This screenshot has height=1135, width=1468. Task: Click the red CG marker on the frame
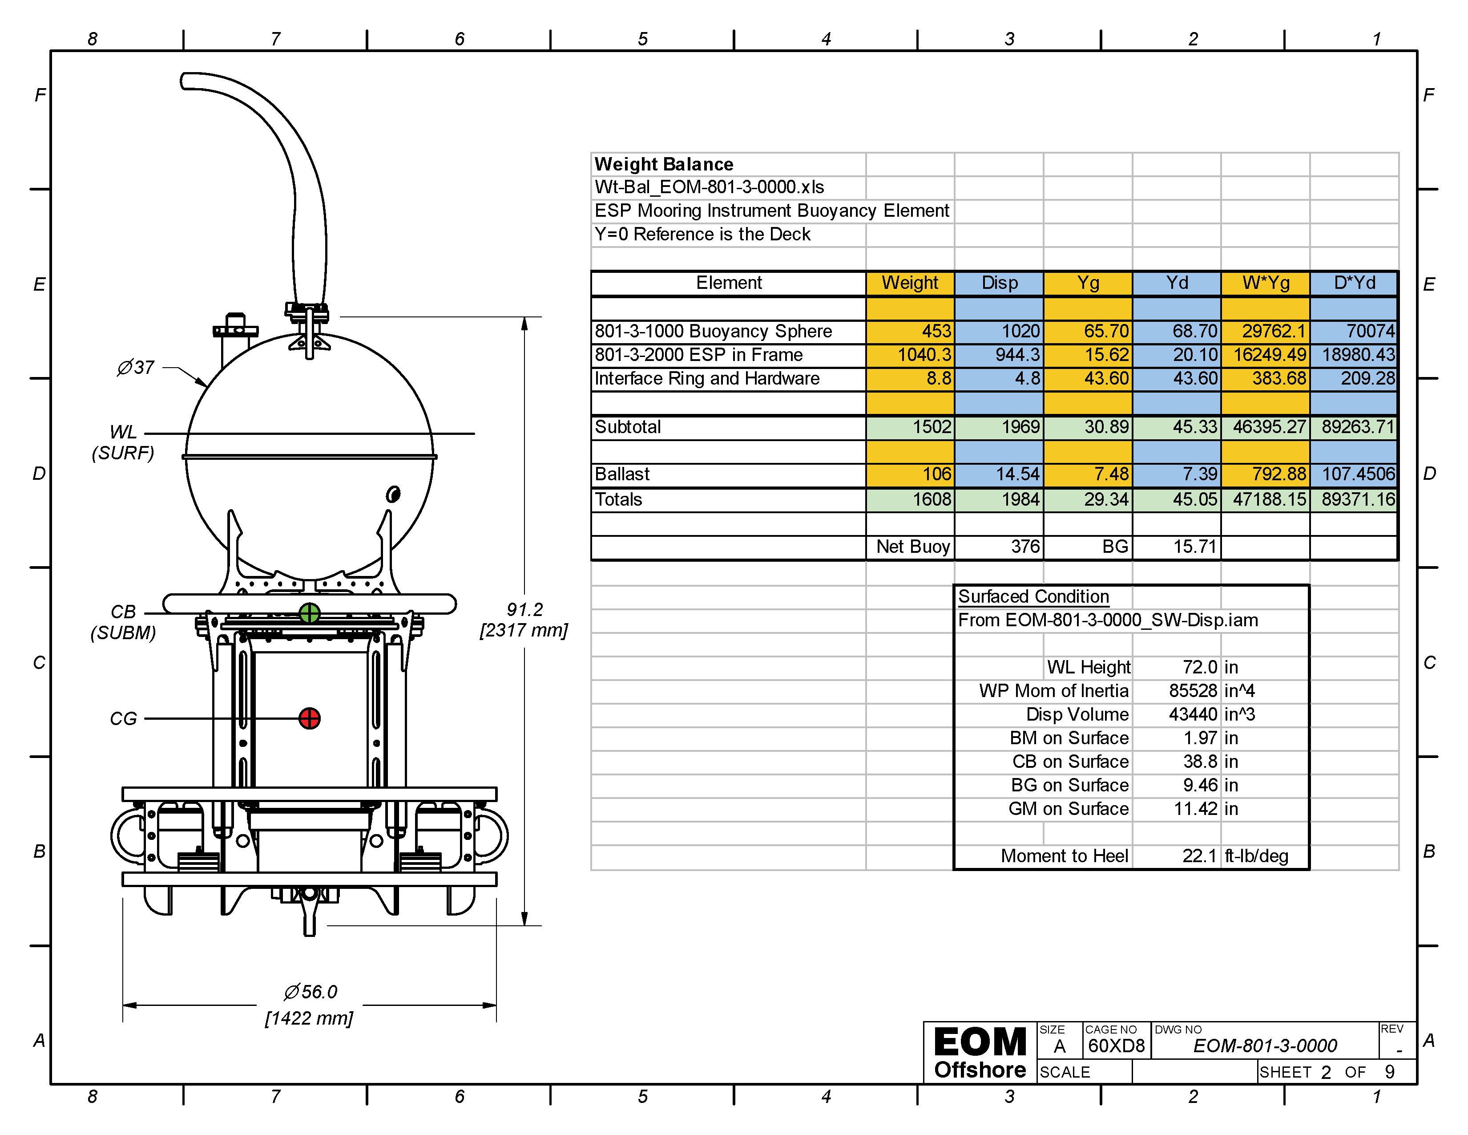(x=309, y=718)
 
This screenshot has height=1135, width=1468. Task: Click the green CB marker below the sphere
(x=309, y=613)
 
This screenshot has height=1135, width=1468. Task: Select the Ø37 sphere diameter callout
(x=136, y=367)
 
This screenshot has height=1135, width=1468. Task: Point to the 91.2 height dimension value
(x=524, y=609)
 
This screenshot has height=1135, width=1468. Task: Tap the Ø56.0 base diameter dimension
(x=310, y=992)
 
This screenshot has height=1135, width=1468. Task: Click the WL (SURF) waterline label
(x=123, y=442)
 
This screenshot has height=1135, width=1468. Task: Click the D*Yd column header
(x=1355, y=283)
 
